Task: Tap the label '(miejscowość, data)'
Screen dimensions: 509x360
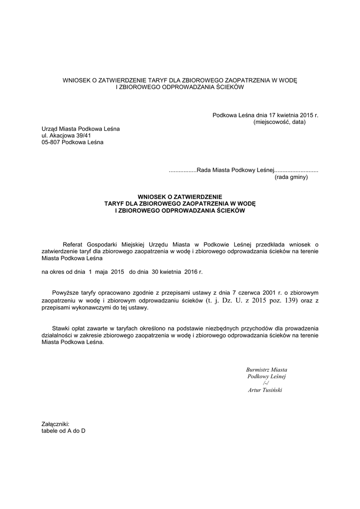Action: point(279,122)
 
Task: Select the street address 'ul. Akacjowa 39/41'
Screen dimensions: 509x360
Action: point(66,135)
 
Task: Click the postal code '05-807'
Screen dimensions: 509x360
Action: point(51,142)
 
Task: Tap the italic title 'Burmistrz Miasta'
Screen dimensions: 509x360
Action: point(267,370)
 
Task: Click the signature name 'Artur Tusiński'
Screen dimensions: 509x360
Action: point(265,390)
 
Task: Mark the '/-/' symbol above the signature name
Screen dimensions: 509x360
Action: point(266,383)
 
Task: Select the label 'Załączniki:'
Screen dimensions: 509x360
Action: point(55,424)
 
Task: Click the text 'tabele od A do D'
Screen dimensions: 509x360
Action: point(63,431)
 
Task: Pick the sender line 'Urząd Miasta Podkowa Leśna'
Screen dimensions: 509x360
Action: point(81,129)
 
